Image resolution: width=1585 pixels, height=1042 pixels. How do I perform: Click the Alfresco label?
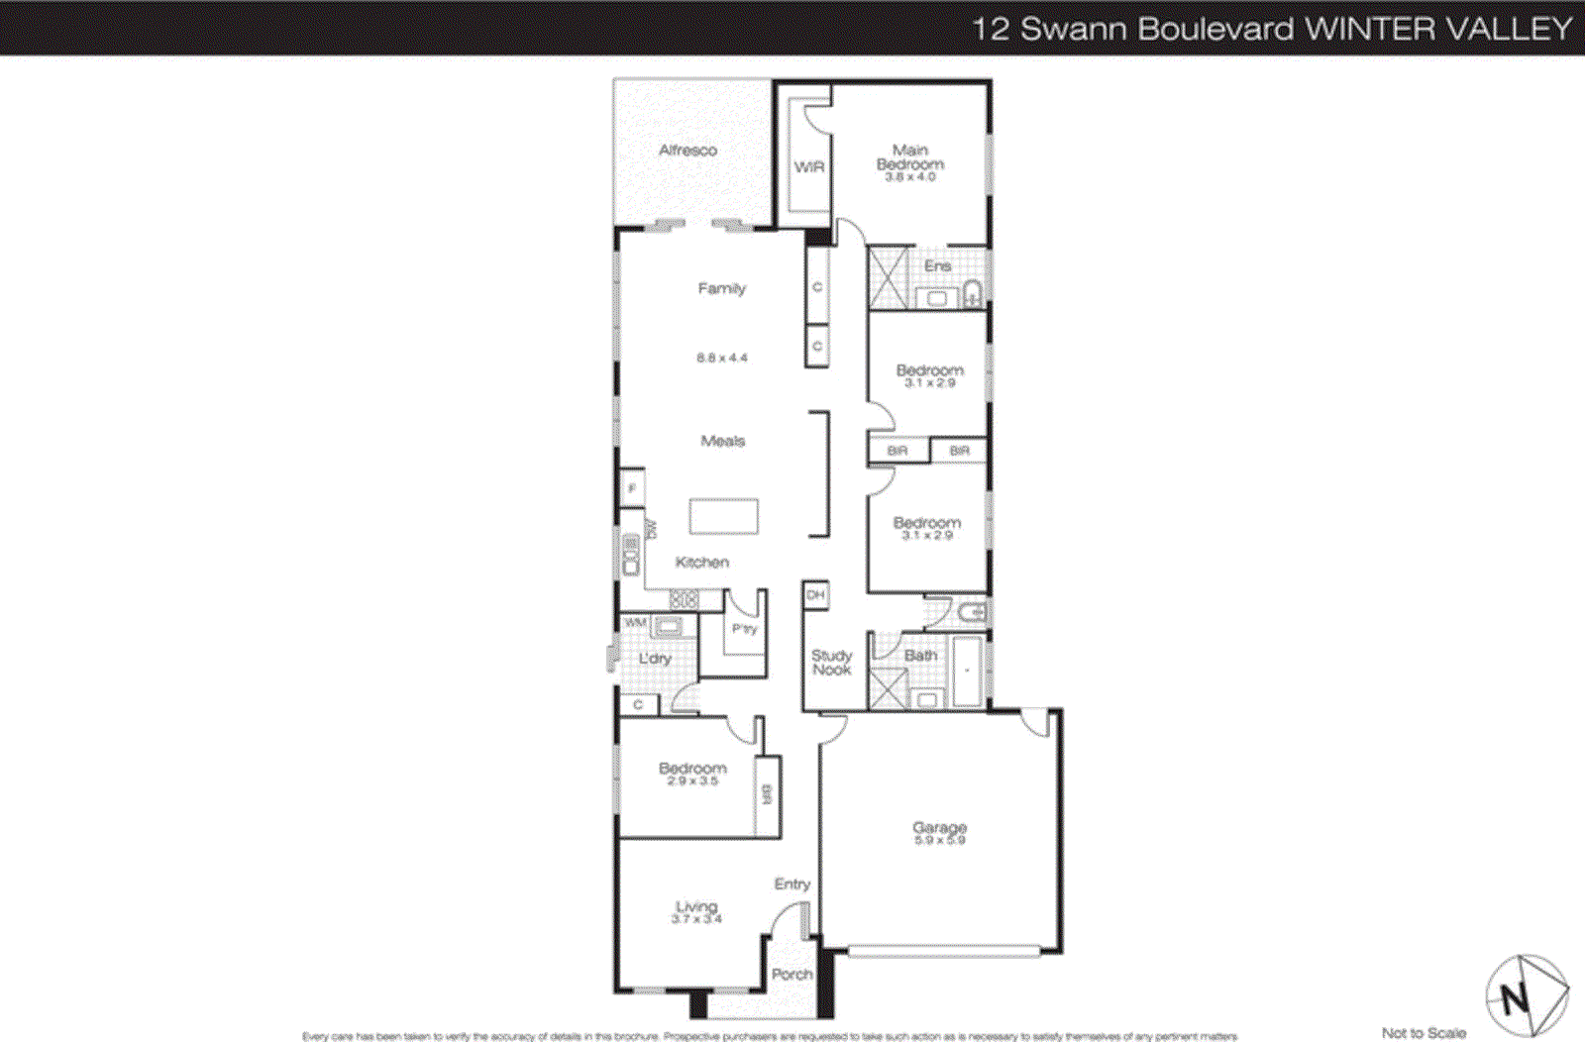click(x=687, y=151)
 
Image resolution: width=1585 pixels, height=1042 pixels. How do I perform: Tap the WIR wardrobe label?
click(x=808, y=167)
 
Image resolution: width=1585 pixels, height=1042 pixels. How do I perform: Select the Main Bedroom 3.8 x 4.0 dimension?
click(x=909, y=177)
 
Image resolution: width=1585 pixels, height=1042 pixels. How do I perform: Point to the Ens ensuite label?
click(x=937, y=266)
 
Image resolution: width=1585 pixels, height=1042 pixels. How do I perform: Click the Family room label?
click(x=721, y=289)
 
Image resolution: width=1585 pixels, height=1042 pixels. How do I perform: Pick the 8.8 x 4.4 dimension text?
click(x=721, y=358)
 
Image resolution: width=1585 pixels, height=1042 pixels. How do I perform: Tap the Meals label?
click(x=722, y=441)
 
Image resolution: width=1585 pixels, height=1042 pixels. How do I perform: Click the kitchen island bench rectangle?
click(x=723, y=517)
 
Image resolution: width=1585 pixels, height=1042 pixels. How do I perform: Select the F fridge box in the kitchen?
click(x=632, y=488)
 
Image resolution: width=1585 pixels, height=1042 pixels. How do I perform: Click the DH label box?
click(x=815, y=594)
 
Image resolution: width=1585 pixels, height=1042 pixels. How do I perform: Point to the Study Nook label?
click(x=831, y=663)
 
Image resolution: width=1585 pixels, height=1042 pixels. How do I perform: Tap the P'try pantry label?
click(x=744, y=629)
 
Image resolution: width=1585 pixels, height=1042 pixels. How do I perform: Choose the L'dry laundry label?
click(x=655, y=659)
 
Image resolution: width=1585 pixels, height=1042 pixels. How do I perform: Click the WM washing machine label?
click(x=635, y=623)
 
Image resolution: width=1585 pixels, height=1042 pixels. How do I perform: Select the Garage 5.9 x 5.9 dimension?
click(x=939, y=840)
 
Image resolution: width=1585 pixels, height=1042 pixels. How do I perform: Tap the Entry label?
click(x=792, y=885)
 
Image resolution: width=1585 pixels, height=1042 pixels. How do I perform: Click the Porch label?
click(x=792, y=975)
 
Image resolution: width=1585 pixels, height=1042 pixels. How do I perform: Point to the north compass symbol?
click(x=1527, y=994)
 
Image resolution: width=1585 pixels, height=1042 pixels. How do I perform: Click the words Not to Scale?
click(x=1424, y=1033)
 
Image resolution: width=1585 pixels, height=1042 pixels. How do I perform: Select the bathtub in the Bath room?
click(x=967, y=671)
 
